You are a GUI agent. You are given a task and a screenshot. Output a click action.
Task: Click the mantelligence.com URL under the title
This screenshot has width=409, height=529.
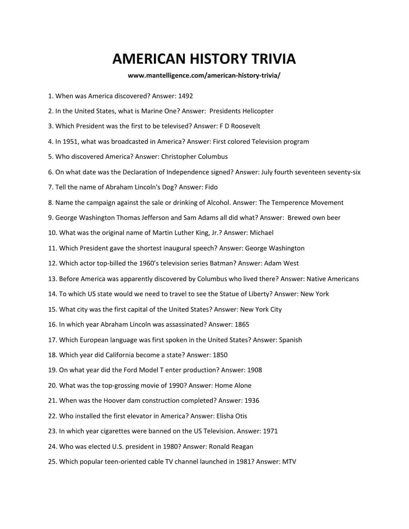(x=204, y=75)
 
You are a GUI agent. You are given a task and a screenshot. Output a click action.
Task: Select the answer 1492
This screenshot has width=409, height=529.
(x=185, y=96)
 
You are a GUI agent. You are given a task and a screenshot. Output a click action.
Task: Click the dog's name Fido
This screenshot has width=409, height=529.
(x=211, y=187)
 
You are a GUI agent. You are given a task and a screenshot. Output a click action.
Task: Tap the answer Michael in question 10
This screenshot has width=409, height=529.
(x=262, y=233)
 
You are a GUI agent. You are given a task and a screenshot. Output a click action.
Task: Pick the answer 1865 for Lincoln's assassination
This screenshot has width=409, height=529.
(x=242, y=325)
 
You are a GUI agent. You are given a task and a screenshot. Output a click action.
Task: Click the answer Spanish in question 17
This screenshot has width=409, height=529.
(x=290, y=340)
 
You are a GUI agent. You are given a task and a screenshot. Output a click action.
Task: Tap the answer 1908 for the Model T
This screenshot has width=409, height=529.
(x=254, y=370)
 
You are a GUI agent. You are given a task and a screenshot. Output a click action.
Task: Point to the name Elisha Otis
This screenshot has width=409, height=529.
(x=232, y=416)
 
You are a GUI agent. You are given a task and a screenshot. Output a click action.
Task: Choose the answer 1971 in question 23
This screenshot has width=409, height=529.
(x=270, y=431)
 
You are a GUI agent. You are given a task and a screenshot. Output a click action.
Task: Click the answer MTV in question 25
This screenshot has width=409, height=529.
(x=289, y=462)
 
